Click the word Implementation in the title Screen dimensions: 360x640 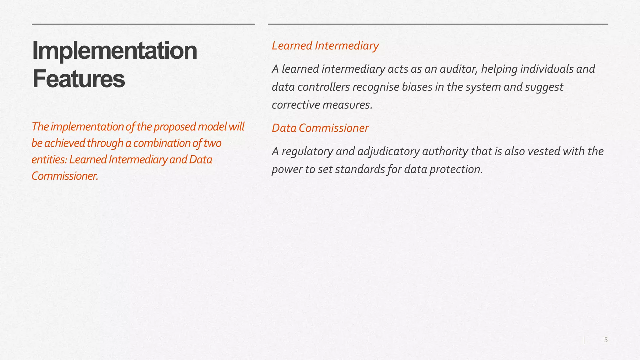click(x=114, y=51)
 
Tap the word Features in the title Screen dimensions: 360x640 click(x=78, y=79)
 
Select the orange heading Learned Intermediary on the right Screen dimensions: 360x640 click(x=325, y=46)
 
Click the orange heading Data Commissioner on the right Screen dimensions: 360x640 click(x=320, y=128)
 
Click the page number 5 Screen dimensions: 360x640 click(x=606, y=340)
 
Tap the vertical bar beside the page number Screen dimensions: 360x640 click(x=584, y=340)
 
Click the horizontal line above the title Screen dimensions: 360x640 click(x=143, y=24)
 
